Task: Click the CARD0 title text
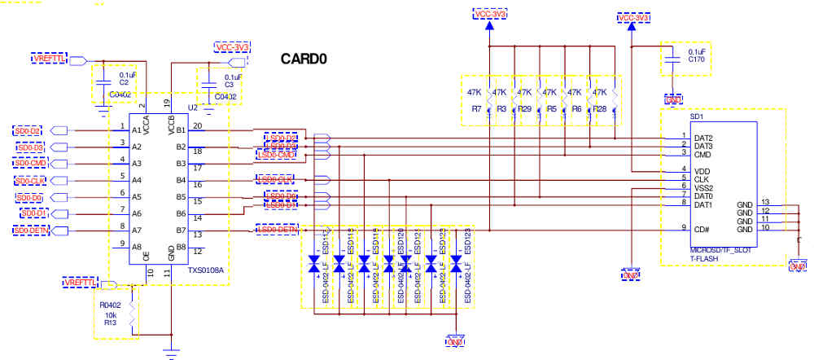[304, 59]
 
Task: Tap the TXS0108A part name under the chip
[206, 270]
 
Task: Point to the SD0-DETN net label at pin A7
[32, 230]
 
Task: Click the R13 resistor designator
[108, 323]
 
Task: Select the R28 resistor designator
[601, 108]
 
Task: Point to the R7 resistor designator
[476, 108]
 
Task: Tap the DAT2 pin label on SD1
[704, 138]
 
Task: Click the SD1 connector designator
[696, 116]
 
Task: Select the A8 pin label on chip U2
[136, 246]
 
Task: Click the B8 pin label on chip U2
[181, 246]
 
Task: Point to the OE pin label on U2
[147, 258]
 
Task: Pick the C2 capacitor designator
[124, 83]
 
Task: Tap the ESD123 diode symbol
[457, 266]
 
